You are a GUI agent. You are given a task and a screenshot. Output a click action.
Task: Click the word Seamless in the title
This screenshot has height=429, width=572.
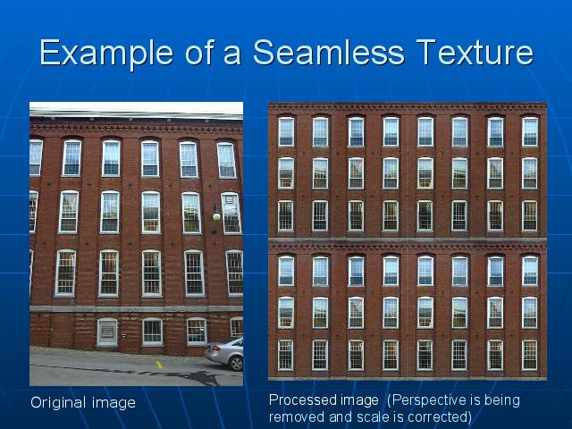(x=329, y=53)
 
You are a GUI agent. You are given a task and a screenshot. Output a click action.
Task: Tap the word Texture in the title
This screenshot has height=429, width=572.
(x=475, y=53)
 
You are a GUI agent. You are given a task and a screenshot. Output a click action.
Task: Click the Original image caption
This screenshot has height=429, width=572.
(x=83, y=403)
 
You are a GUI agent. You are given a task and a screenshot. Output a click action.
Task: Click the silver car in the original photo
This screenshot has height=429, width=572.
(x=224, y=354)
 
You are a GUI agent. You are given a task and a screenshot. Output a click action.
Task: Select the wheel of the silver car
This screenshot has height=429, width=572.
(x=236, y=364)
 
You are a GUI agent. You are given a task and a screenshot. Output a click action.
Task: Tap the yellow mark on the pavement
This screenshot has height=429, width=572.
(x=159, y=365)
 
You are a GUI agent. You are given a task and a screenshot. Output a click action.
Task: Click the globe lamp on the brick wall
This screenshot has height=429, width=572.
(x=216, y=216)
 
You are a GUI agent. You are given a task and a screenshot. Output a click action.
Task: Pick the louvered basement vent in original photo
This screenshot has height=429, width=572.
(x=107, y=332)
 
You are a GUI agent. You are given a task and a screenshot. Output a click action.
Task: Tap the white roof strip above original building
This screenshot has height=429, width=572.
(x=136, y=109)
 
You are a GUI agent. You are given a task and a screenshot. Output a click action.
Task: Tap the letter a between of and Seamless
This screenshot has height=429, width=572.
(x=232, y=56)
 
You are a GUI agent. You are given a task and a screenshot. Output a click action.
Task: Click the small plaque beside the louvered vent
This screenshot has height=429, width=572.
(x=123, y=336)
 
